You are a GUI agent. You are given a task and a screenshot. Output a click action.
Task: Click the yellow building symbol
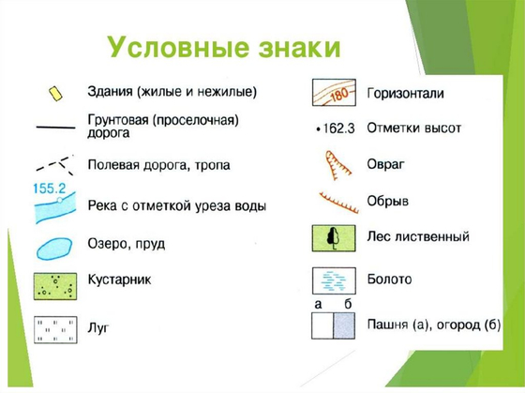click(x=55, y=93)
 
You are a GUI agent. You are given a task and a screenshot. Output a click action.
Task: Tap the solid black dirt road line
click(x=54, y=126)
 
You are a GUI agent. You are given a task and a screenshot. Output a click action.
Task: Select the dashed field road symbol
click(x=54, y=165)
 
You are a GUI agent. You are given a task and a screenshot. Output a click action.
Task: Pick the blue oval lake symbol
click(x=55, y=248)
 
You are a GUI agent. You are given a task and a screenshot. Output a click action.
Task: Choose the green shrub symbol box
click(x=54, y=285)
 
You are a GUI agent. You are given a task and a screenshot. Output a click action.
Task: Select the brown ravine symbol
click(x=336, y=166)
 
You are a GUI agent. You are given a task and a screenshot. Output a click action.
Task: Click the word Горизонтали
click(x=405, y=94)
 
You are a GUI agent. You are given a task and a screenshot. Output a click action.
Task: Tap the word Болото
click(x=390, y=280)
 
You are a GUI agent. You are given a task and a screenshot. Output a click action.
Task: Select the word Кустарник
click(x=119, y=280)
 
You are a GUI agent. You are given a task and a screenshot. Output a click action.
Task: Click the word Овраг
click(x=386, y=163)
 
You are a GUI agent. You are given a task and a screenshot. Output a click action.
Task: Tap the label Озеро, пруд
click(x=126, y=243)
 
